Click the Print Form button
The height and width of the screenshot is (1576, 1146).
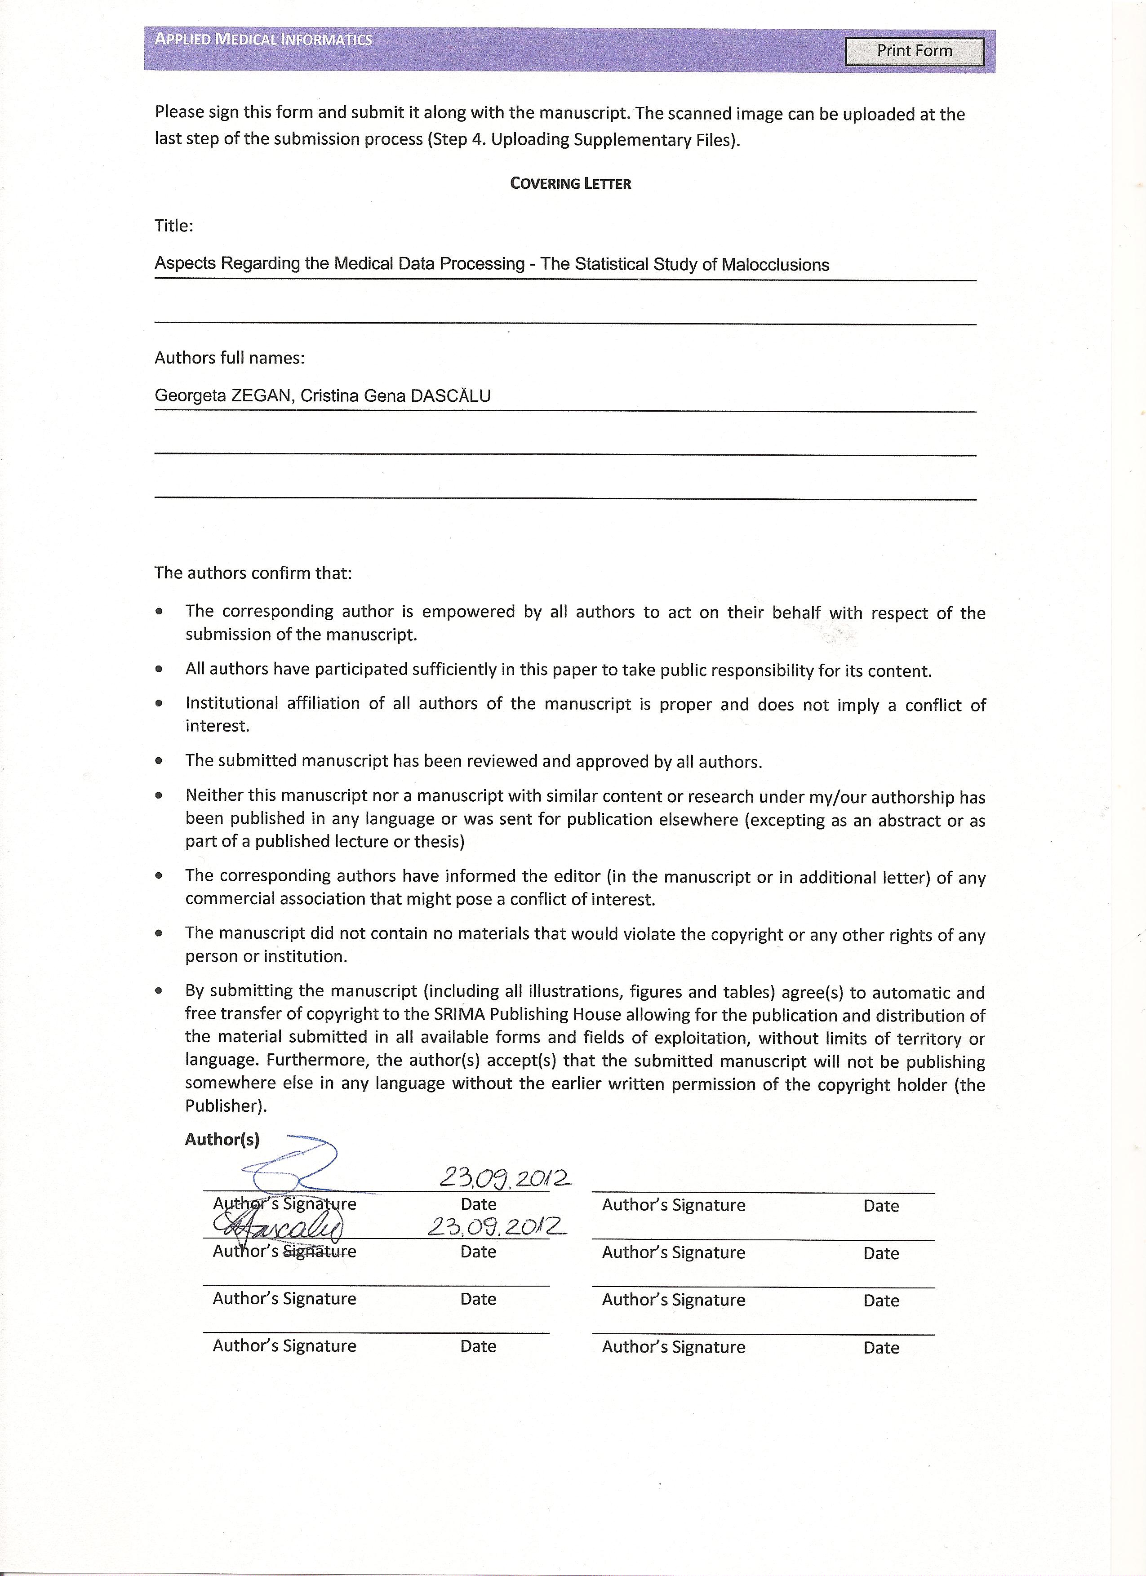[914, 51]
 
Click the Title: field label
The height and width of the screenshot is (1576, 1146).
[174, 226]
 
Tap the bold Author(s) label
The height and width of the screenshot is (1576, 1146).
[222, 1140]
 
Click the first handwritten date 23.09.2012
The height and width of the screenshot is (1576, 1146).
[505, 1177]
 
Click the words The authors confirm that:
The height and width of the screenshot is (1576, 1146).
[253, 573]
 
